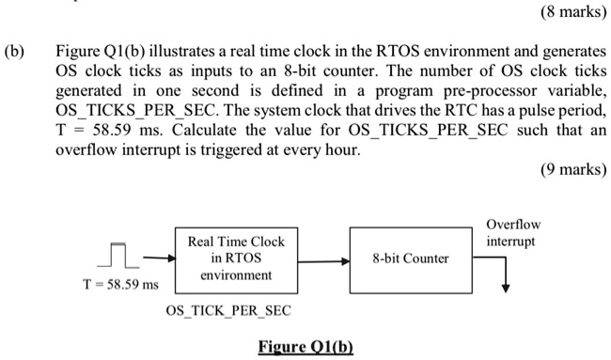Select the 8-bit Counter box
[411, 258]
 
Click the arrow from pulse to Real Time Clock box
[156, 258]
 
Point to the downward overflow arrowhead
[507, 289]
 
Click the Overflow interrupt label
[514, 233]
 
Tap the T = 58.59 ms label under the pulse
[115, 284]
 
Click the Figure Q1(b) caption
[305, 345]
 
